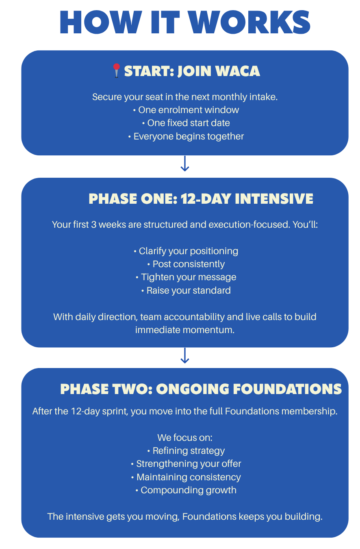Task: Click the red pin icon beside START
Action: (116, 71)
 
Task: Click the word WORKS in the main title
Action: (250, 22)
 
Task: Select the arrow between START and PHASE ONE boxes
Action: (184, 163)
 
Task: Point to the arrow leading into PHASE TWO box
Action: (184, 355)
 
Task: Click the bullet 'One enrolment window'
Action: (186, 110)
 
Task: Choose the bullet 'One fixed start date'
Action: (186, 123)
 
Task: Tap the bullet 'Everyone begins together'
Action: (186, 136)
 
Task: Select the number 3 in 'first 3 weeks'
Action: (93, 225)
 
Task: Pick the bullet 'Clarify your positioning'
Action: (186, 251)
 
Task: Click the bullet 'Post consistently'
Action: (186, 264)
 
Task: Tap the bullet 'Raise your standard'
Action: (186, 290)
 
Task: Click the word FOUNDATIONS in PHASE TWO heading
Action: (287, 389)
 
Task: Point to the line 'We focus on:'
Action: (185, 438)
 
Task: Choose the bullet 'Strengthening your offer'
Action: (186, 464)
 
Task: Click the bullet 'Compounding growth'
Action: (186, 490)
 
